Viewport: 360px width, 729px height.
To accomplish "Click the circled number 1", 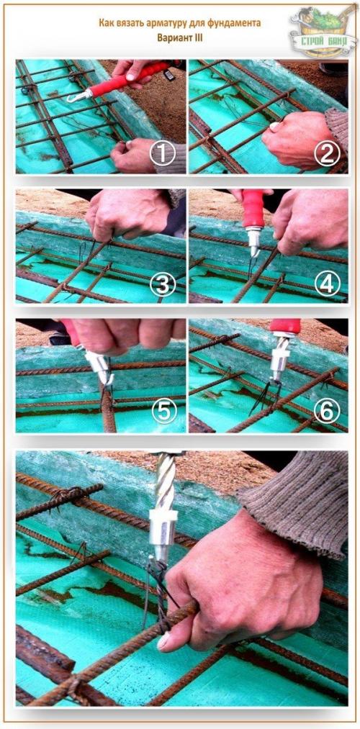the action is pos(162,153).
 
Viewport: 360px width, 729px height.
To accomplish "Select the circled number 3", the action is pos(162,284).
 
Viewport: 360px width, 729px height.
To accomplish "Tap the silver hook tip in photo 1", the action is pos(74,98).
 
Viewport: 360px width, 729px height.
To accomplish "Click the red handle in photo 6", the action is pos(284,326).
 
